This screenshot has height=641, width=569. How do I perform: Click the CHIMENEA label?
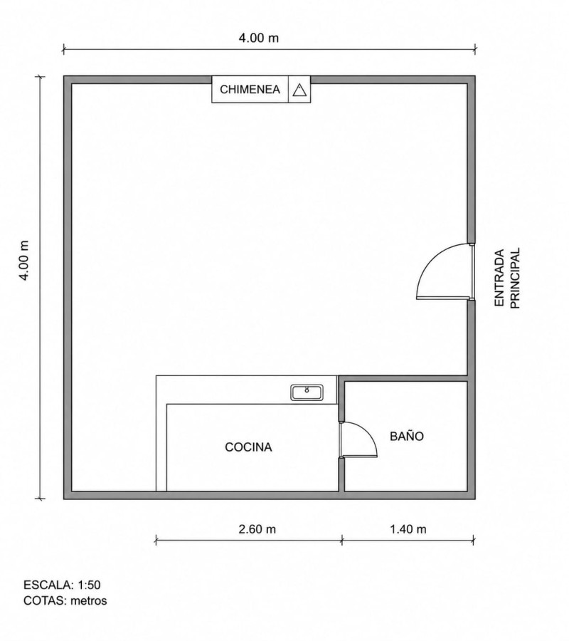[250, 89]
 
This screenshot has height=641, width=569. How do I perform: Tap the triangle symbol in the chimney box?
[299, 90]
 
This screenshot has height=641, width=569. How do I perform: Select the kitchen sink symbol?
[307, 392]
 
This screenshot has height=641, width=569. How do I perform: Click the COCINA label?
[248, 447]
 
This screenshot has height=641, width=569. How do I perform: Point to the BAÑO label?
[407, 436]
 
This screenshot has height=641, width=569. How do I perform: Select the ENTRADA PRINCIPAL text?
[507, 278]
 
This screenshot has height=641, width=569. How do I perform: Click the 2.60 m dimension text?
[257, 529]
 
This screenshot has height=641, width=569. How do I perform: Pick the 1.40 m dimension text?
[408, 529]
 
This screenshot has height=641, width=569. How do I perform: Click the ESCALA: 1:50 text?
[62, 585]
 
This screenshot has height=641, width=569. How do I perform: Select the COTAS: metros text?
[65, 600]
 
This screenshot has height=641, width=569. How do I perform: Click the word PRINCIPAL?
[516, 278]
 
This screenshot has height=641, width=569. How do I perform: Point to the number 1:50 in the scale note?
[89, 585]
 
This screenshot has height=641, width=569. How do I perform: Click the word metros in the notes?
[89, 600]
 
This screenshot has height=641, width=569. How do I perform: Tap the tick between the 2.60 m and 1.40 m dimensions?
[342, 541]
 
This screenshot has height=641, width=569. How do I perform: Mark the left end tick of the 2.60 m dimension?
[156, 541]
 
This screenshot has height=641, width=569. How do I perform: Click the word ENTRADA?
[499, 278]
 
